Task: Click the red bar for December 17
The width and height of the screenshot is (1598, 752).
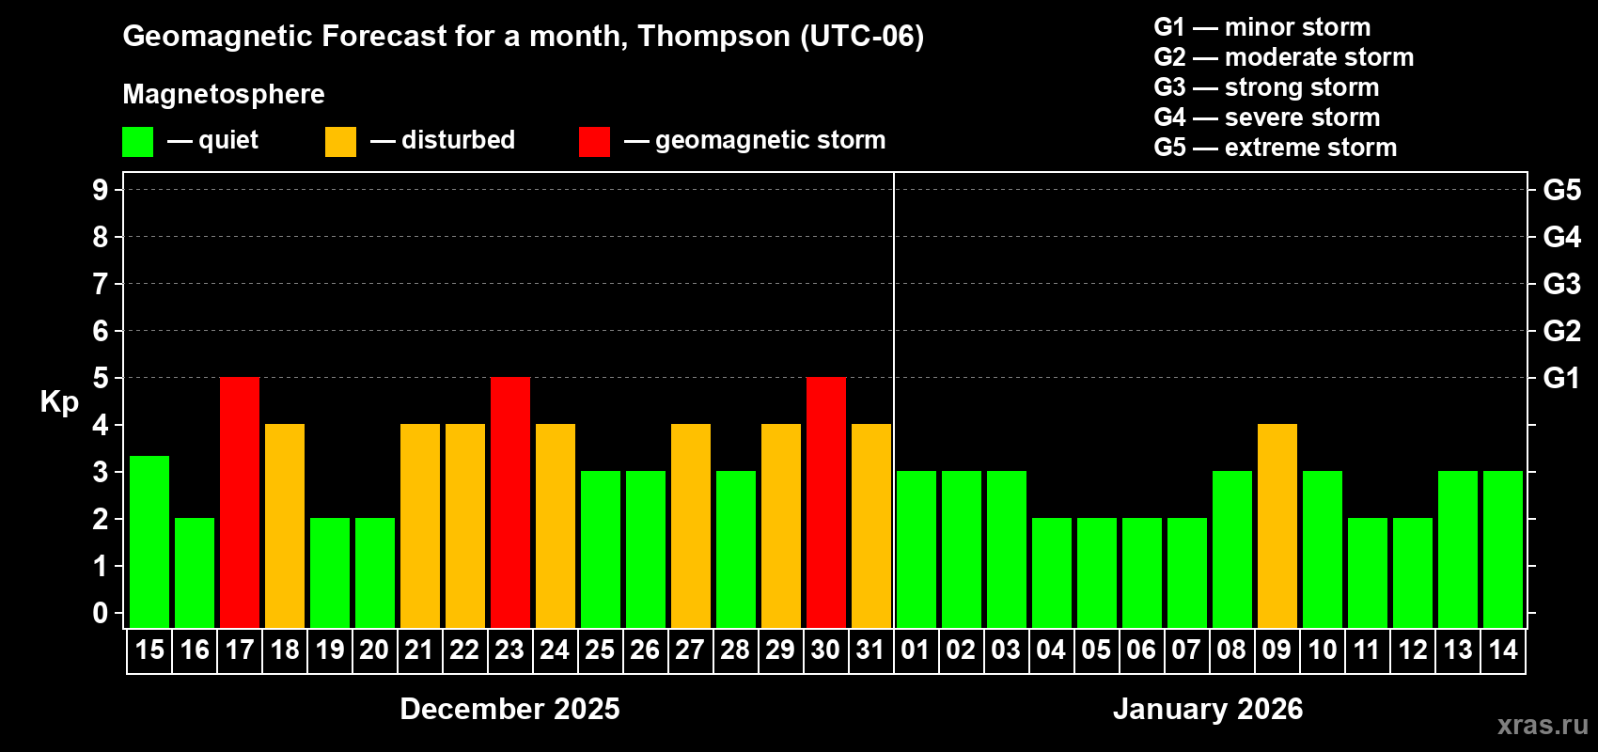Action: [x=240, y=502]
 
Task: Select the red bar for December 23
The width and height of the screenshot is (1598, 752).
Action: [x=510, y=502]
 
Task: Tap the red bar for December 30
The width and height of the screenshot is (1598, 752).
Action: [x=826, y=502]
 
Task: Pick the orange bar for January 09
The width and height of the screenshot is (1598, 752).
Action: [x=1277, y=525]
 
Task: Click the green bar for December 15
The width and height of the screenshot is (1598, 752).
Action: [x=149, y=541]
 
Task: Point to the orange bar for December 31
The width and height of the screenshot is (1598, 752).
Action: [x=871, y=525]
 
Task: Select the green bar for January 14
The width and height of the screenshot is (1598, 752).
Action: [x=1503, y=549]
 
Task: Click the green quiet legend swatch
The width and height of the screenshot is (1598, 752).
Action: [x=138, y=142]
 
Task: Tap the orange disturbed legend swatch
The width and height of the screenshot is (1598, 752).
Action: [x=341, y=142]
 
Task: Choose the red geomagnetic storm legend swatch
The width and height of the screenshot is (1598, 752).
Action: [x=595, y=142]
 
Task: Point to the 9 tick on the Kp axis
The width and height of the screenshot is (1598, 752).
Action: [x=101, y=190]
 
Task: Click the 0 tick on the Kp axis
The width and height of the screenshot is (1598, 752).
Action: [x=101, y=614]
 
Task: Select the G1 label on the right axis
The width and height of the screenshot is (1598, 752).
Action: [x=1561, y=378]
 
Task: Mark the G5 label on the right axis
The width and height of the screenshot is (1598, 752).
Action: [x=1561, y=190]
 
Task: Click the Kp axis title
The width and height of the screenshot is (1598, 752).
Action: [x=59, y=402]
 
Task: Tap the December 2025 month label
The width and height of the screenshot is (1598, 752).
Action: [x=509, y=709]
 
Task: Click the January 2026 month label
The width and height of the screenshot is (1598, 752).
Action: [x=1208, y=709]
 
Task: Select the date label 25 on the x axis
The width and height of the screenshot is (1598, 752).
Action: [x=600, y=650]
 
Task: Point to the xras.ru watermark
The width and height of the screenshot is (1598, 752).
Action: [x=1543, y=725]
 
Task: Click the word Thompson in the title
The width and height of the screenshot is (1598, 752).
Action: [x=713, y=37]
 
